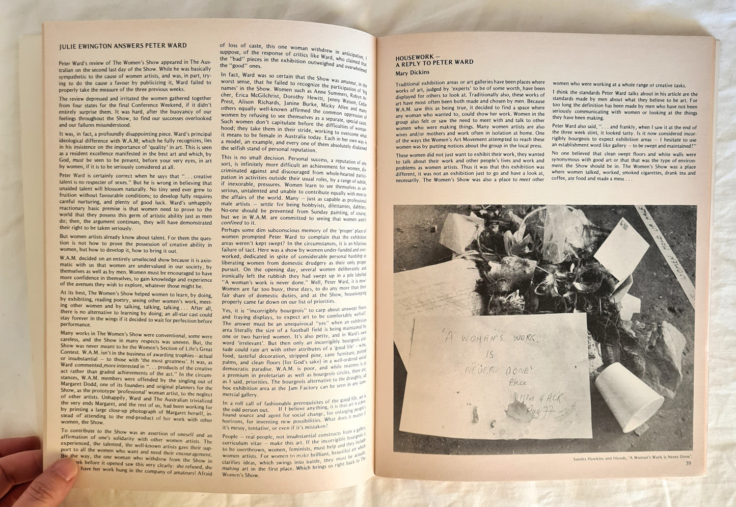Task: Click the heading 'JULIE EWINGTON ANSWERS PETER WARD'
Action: pos(123,46)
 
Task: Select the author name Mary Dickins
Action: pos(413,72)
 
